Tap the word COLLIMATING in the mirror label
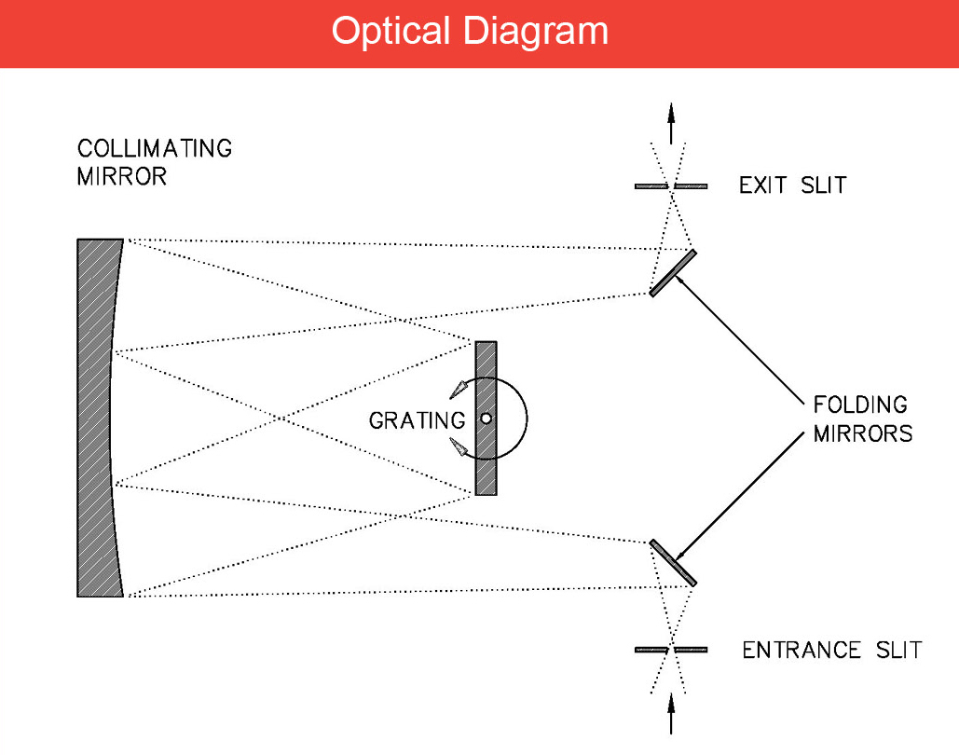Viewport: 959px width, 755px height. click(155, 149)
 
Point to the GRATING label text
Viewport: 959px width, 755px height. click(417, 420)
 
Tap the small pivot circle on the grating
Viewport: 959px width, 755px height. click(486, 419)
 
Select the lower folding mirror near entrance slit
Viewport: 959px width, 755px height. click(673, 563)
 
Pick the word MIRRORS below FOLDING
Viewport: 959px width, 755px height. click(862, 434)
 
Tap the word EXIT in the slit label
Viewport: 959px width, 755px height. click(762, 185)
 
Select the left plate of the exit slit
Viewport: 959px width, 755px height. click(651, 186)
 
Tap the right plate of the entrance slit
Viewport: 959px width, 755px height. click(691, 649)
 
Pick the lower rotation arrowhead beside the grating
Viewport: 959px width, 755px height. click(458, 447)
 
